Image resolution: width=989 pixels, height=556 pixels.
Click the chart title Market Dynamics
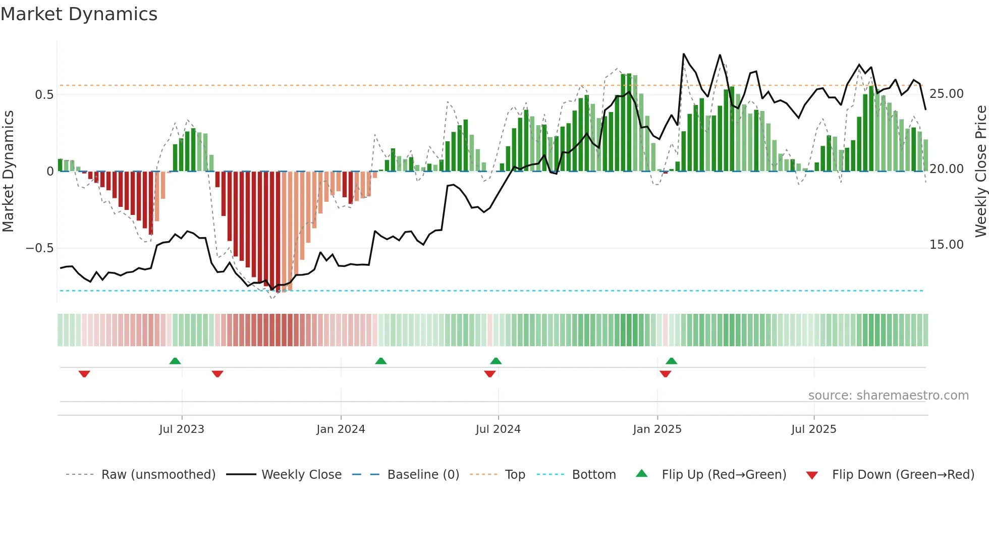point(79,14)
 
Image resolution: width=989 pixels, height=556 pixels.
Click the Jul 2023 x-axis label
point(182,429)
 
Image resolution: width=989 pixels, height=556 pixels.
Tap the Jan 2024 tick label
point(341,429)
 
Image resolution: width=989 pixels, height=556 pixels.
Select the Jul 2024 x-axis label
point(498,429)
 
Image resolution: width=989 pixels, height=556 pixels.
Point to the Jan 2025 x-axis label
point(657,429)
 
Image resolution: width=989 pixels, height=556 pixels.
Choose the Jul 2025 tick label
point(813,429)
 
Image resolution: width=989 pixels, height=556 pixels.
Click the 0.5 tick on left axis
point(44,95)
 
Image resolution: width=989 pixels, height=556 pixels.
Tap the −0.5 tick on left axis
point(39,248)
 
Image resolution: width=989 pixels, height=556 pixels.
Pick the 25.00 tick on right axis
point(947,94)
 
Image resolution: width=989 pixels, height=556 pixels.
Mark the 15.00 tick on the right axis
point(947,245)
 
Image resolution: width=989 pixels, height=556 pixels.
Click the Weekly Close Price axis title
point(980,172)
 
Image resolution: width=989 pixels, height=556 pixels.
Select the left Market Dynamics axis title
point(8,172)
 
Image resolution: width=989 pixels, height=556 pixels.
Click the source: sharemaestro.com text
point(888,396)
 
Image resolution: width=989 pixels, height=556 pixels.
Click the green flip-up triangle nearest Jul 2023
point(175,361)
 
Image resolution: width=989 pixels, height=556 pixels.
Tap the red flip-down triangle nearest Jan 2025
point(665,374)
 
